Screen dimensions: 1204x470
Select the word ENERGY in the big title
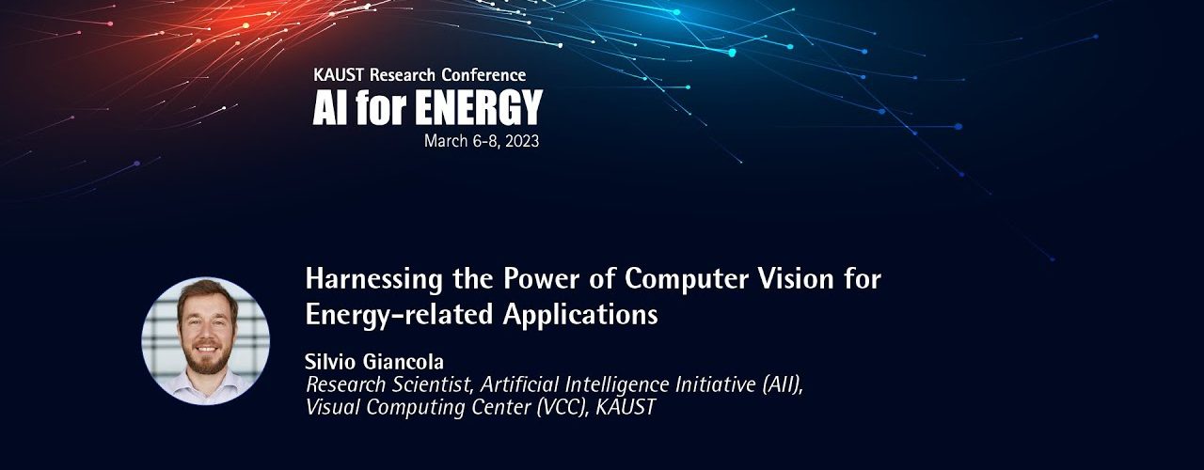point(479,107)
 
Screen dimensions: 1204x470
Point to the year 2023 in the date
point(522,141)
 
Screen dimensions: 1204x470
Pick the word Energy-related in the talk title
point(400,315)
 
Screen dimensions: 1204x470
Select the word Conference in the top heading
point(483,74)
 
